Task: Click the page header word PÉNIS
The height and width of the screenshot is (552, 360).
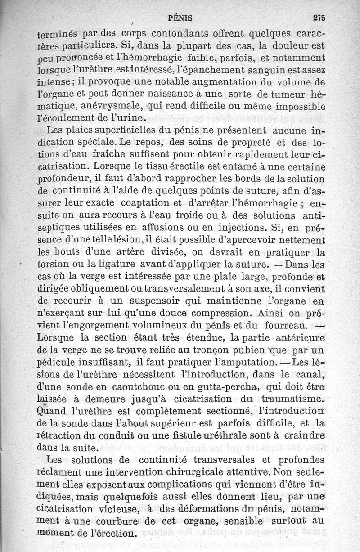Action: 180,18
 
